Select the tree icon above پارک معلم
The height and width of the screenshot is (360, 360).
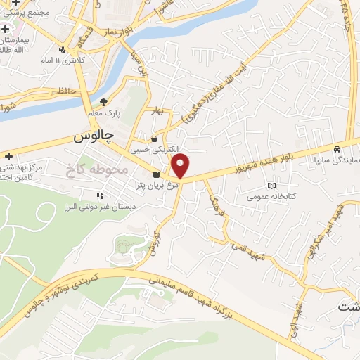tap(104, 103)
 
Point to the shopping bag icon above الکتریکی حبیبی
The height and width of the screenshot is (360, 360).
tap(153, 139)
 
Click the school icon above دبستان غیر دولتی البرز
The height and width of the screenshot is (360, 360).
tap(101, 195)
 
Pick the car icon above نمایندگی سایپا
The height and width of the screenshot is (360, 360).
tap(338, 150)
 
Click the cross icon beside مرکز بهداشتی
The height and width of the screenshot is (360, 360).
tap(8, 156)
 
